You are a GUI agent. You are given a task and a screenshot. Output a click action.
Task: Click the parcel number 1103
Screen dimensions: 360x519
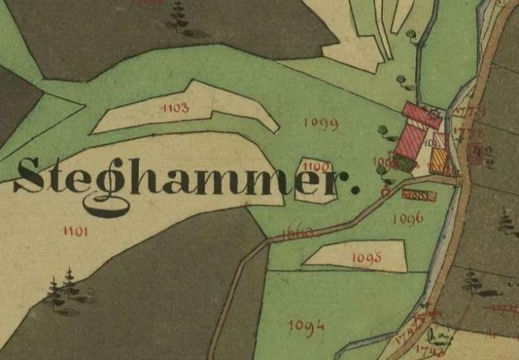176,109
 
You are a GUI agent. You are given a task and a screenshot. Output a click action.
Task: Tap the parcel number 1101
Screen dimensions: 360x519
75,231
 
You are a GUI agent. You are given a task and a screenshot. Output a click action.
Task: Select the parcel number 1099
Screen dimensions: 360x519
321,124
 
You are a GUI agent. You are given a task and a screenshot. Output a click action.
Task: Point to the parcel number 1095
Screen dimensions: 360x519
367,257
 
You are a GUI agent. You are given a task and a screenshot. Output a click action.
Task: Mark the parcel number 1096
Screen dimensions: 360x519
407,217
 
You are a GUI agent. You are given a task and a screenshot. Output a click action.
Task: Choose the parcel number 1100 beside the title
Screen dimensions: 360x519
316,167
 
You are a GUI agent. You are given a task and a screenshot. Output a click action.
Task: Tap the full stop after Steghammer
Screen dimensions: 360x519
354,190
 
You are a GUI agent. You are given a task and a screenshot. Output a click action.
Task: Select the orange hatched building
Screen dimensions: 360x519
438,159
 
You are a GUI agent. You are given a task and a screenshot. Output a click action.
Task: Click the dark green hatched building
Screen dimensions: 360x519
405,164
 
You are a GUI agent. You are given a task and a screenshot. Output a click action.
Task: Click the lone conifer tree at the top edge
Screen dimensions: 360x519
177,14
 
